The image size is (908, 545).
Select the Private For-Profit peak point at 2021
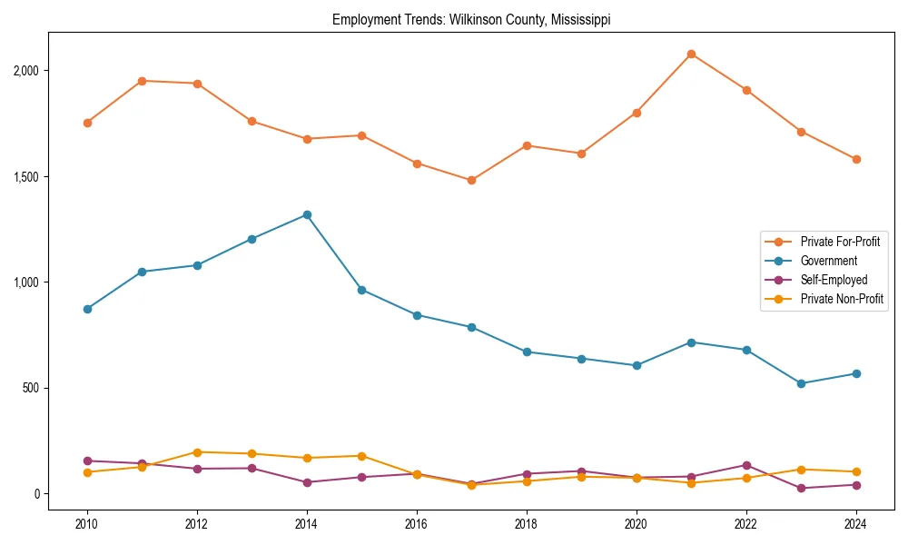tap(691, 54)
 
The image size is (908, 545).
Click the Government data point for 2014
tap(307, 215)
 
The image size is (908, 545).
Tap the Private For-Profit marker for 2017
tap(471, 181)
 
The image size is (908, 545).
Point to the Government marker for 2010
tap(87, 309)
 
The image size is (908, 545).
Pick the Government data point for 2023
tap(801, 383)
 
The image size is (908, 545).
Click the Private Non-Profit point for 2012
tap(197, 452)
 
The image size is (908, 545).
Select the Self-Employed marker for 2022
tap(746, 465)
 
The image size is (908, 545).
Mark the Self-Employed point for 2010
tap(87, 461)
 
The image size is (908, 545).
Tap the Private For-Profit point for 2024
tap(856, 159)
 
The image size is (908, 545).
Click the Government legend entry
tap(828, 261)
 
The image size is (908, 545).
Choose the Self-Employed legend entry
tap(834, 280)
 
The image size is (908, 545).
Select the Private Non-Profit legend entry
tap(842, 299)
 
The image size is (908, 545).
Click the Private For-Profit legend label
tap(840, 242)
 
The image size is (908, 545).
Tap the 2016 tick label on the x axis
tap(417, 524)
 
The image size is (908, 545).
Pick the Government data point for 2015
tap(361, 290)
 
